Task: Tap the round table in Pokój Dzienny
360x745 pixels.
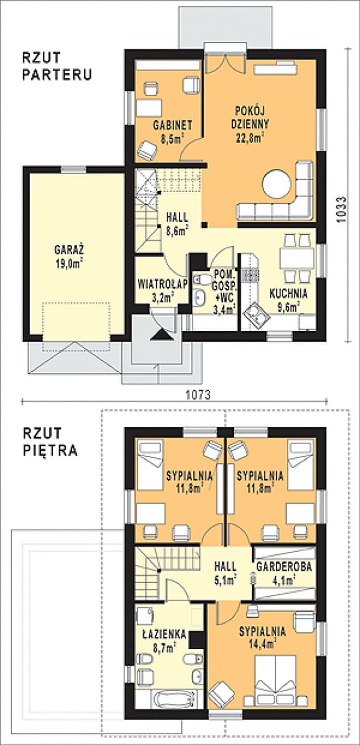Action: click(x=277, y=184)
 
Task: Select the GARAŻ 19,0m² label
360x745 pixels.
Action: click(x=69, y=257)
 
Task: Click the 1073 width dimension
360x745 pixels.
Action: click(x=198, y=395)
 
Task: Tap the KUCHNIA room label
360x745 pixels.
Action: click(x=288, y=294)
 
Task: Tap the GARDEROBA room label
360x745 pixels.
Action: click(x=284, y=567)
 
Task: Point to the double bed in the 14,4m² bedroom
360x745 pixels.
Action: click(x=275, y=675)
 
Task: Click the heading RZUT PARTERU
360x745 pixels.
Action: click(x=57, y=66)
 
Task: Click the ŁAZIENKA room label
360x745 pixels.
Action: click(x=164, y=634)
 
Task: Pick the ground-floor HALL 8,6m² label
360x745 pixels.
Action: click(x=177, y=224)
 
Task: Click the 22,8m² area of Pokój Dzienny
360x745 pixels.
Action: click(x=250, y=137)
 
